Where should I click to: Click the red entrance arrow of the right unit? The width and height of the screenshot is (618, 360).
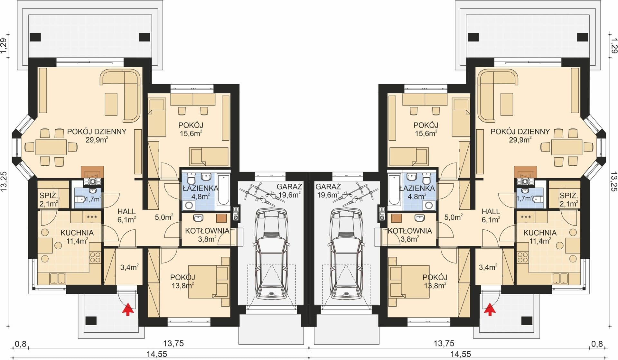[x=490, y=309]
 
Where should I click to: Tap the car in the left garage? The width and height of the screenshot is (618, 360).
[x=271, y=253]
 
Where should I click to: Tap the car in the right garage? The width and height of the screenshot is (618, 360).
[x=347, y=253]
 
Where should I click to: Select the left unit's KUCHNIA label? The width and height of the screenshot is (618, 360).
[x=77, y=233]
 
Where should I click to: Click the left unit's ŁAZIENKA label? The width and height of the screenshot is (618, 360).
[x=200, y=188]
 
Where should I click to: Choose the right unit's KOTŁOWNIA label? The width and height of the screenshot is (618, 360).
[x=409, y=231]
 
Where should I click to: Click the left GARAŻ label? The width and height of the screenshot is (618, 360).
[x=289, y=186]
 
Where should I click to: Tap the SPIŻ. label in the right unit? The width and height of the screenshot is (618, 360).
[x=569, y=195]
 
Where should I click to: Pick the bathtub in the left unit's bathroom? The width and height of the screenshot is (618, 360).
[x=223, y=190]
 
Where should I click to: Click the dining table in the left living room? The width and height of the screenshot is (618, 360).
[x=51, y=147]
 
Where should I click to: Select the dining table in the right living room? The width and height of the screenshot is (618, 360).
[x=567, y=147]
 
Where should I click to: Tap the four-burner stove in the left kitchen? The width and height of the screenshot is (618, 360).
[x=95, y=257]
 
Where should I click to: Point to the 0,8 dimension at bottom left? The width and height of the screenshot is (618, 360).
[x=21, y=344]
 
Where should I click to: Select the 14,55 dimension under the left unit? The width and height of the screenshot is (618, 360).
[x=157, y=354]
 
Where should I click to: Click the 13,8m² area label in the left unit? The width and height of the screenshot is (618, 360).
[x=183, y=285]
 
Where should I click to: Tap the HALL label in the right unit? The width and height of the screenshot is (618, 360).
[x=491, y=211]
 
